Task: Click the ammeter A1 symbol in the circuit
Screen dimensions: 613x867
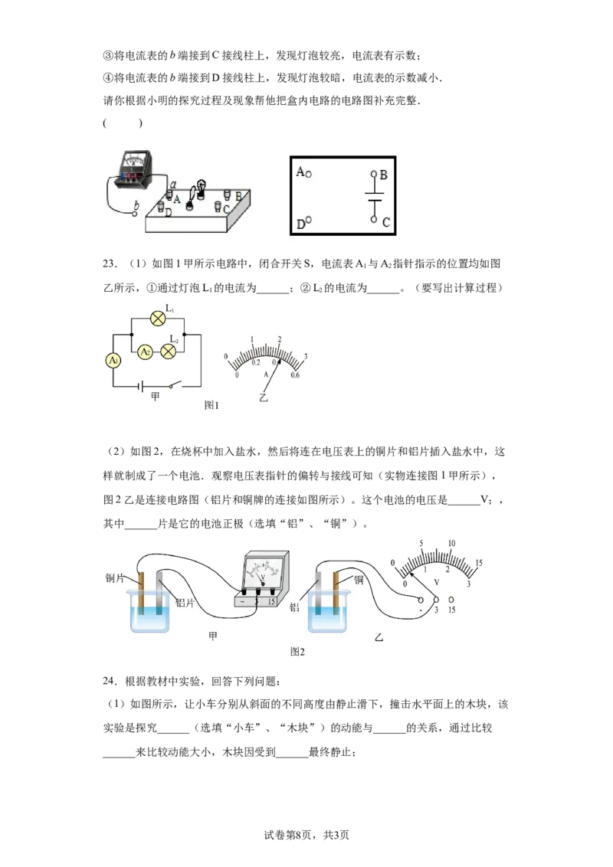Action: [x=113, y=361]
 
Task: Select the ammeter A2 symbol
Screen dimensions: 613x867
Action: [x=145, y=352]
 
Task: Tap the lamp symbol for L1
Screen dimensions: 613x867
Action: [x=158, y=319]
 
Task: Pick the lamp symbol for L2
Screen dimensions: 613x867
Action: [x=168, y=351]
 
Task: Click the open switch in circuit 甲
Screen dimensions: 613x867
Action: [x=175, y=384]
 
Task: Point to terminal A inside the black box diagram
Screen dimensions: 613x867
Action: [x=308, y=174]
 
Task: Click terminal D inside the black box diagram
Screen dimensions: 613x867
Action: [x=308, y=220]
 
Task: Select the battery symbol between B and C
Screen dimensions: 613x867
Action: [x=375, y=197]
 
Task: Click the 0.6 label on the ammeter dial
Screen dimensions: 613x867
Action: [x=295, y=375]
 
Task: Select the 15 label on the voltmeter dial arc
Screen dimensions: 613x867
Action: [x=479, y=563]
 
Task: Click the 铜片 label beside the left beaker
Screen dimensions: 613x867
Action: [x=115, y=578]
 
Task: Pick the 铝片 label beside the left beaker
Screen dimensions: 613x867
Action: [x=185, y=603]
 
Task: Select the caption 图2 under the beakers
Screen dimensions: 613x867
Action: [x=297, y=652]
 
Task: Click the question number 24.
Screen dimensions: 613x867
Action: [x=109, y=681]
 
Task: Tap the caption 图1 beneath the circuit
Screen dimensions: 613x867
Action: [x=211, y=405]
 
